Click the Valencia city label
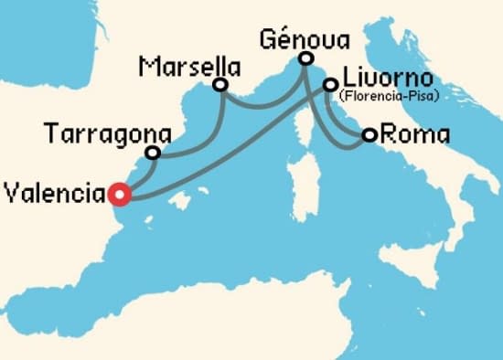tap(53, 194)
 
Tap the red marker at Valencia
tap(118, 194)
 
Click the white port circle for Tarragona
tap(153, 153)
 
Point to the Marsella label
tap(189, 67)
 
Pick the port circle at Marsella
tap(219, 85)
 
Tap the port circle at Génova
tap(306, 59)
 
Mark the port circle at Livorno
tap(330, 85)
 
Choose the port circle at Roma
tap(369, 135)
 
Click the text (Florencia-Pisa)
tap(387, 94)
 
